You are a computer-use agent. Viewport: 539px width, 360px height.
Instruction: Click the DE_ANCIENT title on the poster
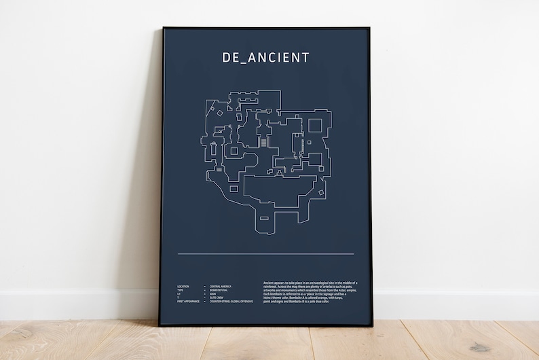(265, 58)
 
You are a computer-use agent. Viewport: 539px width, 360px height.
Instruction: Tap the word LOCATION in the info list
(183, 287)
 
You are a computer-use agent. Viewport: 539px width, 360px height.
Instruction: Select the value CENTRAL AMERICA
(220, 287)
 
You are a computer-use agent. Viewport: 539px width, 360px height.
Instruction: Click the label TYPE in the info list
(181, 290)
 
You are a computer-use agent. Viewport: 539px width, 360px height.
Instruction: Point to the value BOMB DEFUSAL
(218, 290)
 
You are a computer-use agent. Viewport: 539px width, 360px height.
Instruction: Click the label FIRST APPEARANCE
(187, 301)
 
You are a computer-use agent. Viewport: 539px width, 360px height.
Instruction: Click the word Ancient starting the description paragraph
(269, 283)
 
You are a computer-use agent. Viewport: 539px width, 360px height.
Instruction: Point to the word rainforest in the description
(271, 287)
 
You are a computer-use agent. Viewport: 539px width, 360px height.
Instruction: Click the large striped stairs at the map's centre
(264, 143)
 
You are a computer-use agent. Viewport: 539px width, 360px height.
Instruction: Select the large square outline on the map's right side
(315, 125)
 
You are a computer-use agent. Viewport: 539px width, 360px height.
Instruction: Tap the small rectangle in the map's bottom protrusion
(264, 218)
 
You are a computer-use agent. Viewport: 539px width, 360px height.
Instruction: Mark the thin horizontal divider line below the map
(265, 254)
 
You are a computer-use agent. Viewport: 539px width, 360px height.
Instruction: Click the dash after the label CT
(204, 294)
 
